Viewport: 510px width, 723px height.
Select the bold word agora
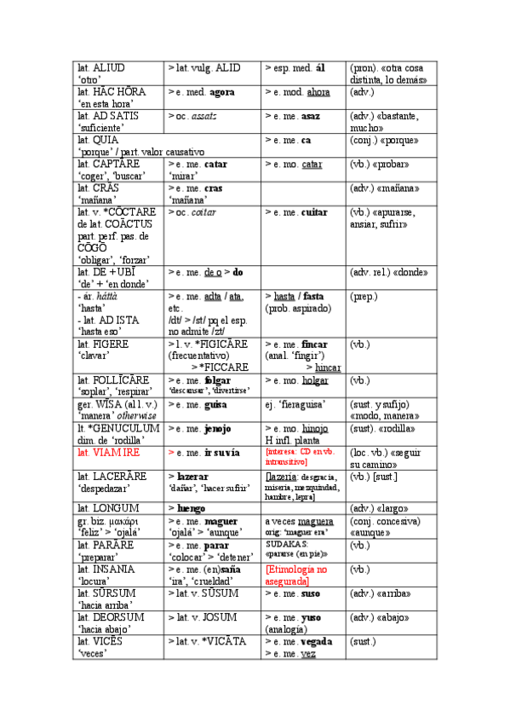[x=221, y=91]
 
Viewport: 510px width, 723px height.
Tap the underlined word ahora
[x=318, y=91]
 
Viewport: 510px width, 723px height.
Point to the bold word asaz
[x=311, y=115]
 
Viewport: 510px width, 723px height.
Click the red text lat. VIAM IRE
[x=108, y=452]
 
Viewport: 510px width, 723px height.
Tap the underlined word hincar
[x=328, y=367]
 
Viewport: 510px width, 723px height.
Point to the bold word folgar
[x=218, y=379]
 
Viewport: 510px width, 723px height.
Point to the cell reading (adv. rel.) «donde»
[x=388, y=273]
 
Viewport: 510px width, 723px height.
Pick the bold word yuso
[x=312, y=617]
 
